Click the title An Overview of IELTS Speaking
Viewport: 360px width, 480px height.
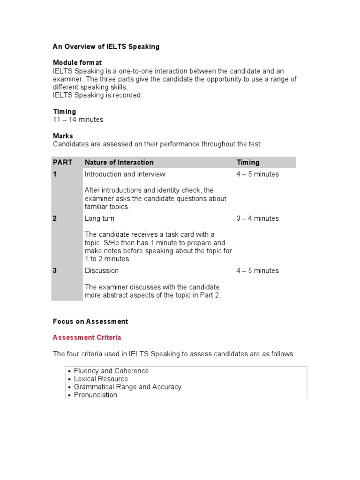[x=106, y=46]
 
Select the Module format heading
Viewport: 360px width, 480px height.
[x=77, y=62]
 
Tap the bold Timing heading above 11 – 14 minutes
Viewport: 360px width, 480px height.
[x=64, y=112]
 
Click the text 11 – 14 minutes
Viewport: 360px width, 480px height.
[x=78, y=120]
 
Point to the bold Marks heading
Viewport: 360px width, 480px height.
[x=63, y=136]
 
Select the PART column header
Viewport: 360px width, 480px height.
[x=62, y=162]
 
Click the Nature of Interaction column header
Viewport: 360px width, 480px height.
[x=119, y=162]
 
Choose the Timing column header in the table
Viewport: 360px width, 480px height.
[x=248, y=162]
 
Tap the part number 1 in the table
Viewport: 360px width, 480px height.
[x=55, y=174]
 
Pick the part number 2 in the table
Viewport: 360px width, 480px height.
[x=55, y=218]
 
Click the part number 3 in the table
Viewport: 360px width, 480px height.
[x=55, y=270]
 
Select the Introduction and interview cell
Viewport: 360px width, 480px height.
[x=125, y=174]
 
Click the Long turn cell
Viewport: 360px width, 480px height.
[x=99, y=218]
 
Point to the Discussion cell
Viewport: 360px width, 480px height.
[x=102, y=270]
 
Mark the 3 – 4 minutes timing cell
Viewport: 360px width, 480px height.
[x=257, y=218]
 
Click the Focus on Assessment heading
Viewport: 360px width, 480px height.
[x=90, y=322]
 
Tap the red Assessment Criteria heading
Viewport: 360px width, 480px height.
[x=87, y=337]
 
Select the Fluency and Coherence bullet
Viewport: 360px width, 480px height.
[x=111, y=371]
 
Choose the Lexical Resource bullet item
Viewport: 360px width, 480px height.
[x=101, y=379]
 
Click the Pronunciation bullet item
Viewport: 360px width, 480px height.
[x=96, y=395]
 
